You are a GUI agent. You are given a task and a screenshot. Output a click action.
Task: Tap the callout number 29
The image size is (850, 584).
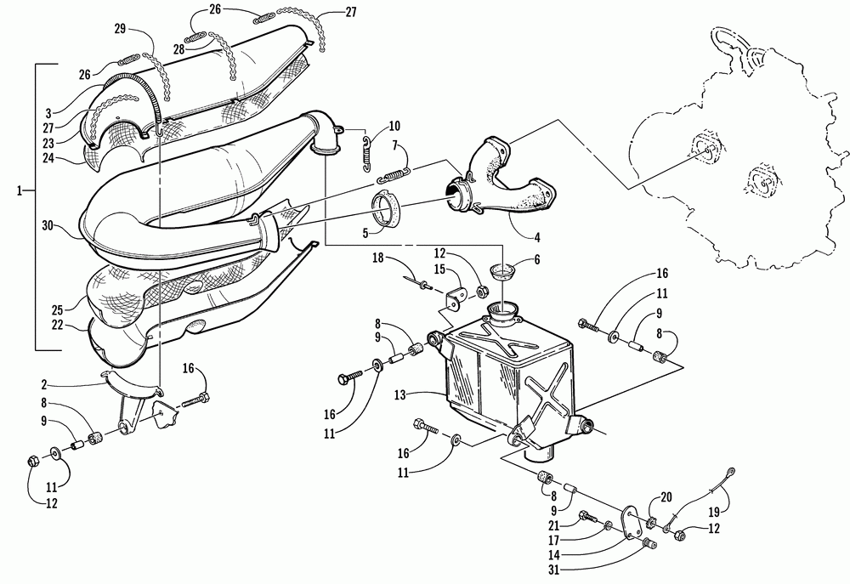pyautogui.click(x=120, y=30)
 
